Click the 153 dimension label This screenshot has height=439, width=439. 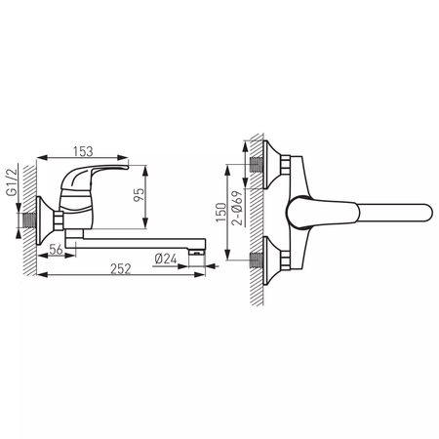pos(83,151)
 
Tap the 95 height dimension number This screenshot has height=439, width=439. pos(139,195)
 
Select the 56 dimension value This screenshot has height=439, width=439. pos(56,250)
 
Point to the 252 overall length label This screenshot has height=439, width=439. pos(121,269)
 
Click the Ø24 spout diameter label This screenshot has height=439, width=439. pos(166,259)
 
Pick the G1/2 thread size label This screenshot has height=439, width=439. pos(12,182)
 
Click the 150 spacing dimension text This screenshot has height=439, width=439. pos(221,213)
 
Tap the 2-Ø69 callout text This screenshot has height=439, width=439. pos(237,208)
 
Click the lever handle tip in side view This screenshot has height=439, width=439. pos(126,168)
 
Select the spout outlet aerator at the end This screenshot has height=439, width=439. pos(196,252)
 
